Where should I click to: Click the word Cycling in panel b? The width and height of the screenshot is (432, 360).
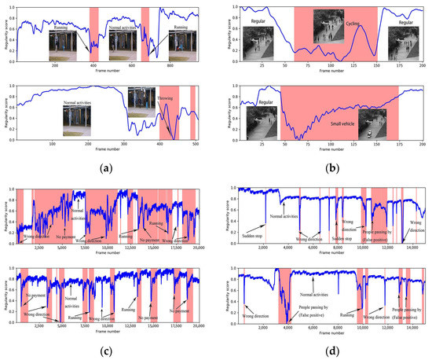(353, 24)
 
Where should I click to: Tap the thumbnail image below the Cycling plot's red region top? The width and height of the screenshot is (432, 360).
(328, 26)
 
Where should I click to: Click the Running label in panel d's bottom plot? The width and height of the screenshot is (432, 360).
(350, 314)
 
